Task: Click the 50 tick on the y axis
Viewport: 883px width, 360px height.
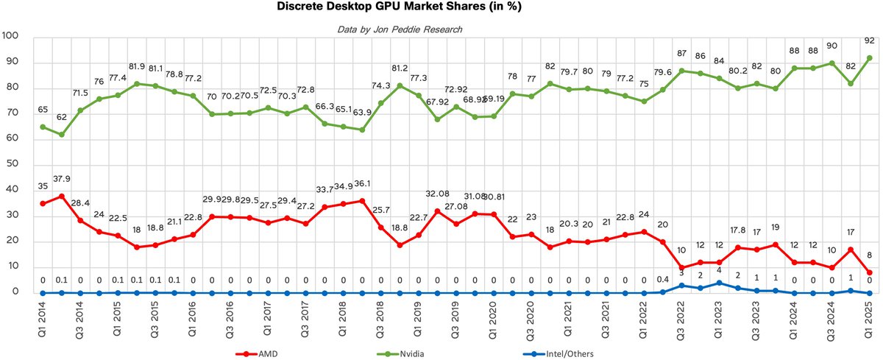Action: [13, 165]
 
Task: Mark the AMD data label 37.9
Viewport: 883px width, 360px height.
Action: [62, 178]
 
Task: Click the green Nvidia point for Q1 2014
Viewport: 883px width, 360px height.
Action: [43, 127]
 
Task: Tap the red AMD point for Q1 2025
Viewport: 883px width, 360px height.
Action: [869, 272]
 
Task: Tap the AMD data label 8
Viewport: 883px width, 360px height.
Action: [869, 257]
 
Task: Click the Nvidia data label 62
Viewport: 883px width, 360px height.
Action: [62, 116]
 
